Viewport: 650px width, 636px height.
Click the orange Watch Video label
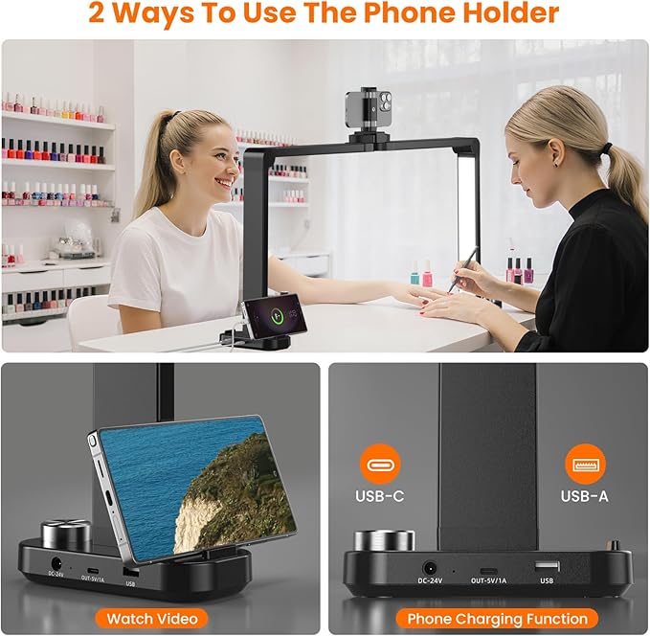pyautogui.click(x=151, y=618)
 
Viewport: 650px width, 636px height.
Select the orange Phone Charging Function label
pyautogui.click(x=496, y=618)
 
